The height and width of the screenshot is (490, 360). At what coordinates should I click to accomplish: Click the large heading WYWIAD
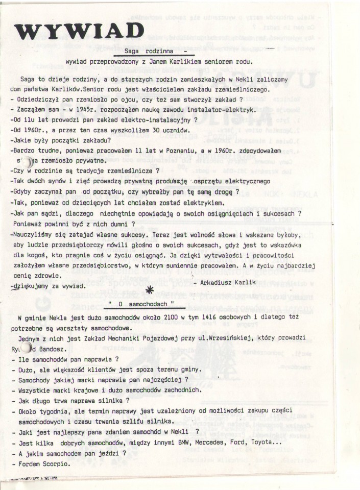[x=80, y=31]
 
